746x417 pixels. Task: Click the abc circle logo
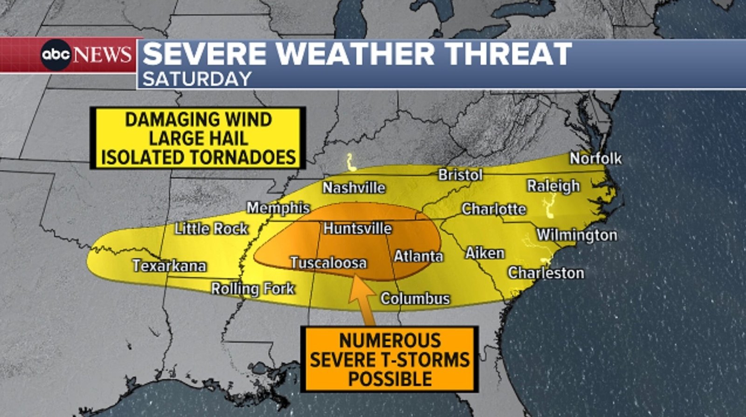[x=55, y=55]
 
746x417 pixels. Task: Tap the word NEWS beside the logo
[x=102, y=55]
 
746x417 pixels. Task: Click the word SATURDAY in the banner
[x=197, y=79]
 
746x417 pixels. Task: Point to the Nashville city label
[x=354, y=188]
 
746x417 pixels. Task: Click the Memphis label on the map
[x=278, y=208]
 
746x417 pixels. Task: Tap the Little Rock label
[x=211, y=229]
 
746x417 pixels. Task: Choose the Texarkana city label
[x=169, y=265]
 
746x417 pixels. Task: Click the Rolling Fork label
[x=253, y=289]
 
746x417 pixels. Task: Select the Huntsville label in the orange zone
[x=358, y=228]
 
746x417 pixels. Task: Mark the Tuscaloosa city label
[x=328, y=263]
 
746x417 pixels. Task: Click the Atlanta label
[x=418, y=256]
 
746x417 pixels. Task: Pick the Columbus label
[x=415, y=299]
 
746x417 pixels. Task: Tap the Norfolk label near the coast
[x=595, y=159]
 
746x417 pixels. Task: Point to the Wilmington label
[x=577, y=235]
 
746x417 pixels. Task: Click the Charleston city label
[x=546, y=273]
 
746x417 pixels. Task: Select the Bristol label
[x=460, y=175]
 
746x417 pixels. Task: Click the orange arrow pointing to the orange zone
[x=364, y=299]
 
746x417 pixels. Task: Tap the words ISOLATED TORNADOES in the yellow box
[x=198, y=158]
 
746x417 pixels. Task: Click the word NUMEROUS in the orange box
[x=390, y=341]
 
